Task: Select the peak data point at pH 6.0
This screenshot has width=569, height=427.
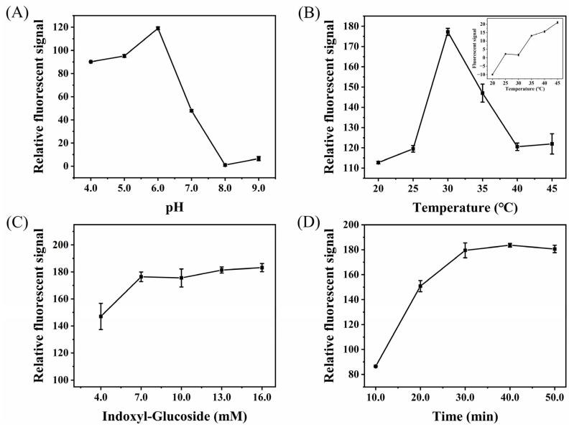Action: point(157,29)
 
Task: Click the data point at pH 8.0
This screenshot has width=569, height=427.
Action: point(225,165)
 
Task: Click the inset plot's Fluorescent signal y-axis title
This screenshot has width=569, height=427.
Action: point(477,44)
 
